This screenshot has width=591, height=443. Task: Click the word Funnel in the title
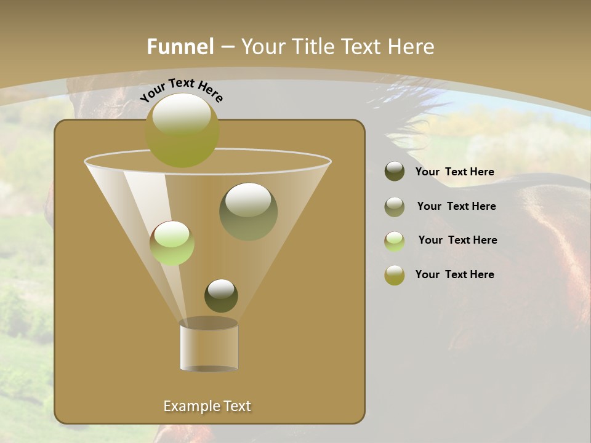180,47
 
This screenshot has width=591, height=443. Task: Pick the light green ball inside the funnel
172,243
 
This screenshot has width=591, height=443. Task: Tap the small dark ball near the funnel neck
221,295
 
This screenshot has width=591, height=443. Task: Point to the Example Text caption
207,406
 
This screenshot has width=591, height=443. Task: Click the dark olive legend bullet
395,172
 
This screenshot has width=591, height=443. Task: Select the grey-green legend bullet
395,206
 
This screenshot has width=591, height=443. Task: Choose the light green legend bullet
395,241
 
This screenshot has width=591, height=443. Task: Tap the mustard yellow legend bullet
395,275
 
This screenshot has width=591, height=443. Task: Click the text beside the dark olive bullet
454,172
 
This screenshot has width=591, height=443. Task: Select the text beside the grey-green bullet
456,206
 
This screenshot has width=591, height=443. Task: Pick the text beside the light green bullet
457,240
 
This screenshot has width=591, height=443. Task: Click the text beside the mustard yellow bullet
454,274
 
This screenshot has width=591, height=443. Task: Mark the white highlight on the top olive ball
182,114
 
